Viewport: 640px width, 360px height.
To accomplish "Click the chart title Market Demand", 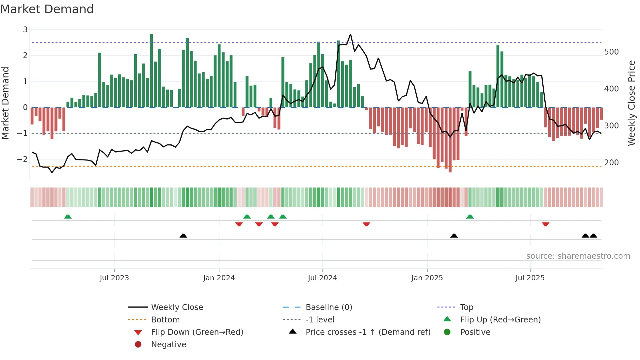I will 47,9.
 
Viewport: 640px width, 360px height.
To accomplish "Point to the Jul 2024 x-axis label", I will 322,278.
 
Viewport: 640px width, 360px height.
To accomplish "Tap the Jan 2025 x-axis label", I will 427,278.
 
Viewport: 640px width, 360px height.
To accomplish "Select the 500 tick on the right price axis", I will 611,52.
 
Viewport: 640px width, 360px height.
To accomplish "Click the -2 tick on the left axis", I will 22,159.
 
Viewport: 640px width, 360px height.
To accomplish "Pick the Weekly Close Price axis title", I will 632,103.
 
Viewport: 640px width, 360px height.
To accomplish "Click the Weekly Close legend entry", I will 177,307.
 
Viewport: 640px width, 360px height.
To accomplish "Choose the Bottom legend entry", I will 165,320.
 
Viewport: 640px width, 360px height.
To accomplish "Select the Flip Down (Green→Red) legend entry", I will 197,332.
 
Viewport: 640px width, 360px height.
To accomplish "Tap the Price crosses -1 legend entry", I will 368,332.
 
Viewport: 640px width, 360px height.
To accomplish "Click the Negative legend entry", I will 168,345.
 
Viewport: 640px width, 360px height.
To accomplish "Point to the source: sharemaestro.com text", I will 578,256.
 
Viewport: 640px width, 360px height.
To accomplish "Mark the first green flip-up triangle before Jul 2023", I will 68,217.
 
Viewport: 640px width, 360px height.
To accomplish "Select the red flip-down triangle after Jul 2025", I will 545,224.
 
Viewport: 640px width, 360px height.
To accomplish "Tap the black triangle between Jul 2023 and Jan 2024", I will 183,236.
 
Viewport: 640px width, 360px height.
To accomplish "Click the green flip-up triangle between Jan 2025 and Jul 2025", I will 470,217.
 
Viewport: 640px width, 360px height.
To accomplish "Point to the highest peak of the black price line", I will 350,34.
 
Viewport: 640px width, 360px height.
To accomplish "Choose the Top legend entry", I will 466,307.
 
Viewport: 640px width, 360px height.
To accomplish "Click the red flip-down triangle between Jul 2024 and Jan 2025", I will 366,224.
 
